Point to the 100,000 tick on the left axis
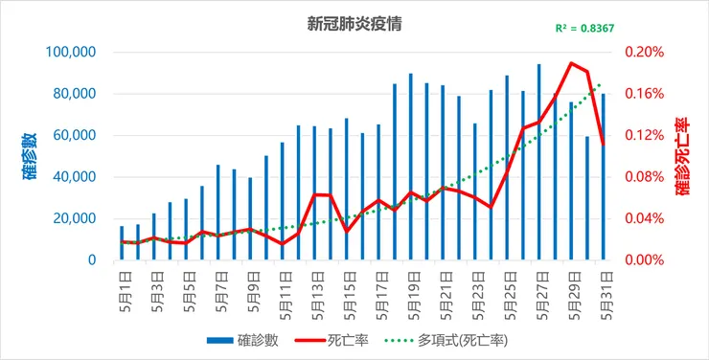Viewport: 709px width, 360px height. point(70,52)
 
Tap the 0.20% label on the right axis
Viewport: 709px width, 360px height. point(644,52)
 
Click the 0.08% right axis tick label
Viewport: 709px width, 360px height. point(644,177)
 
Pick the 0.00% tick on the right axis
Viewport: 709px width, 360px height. point(644,260)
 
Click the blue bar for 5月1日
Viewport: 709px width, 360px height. point(122,243)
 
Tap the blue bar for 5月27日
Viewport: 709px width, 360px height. point(539,163)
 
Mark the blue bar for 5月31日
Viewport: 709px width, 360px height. point(604,177)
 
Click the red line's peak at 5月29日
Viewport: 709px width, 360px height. point(571,63)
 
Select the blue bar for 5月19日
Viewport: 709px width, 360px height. point(411,168)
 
